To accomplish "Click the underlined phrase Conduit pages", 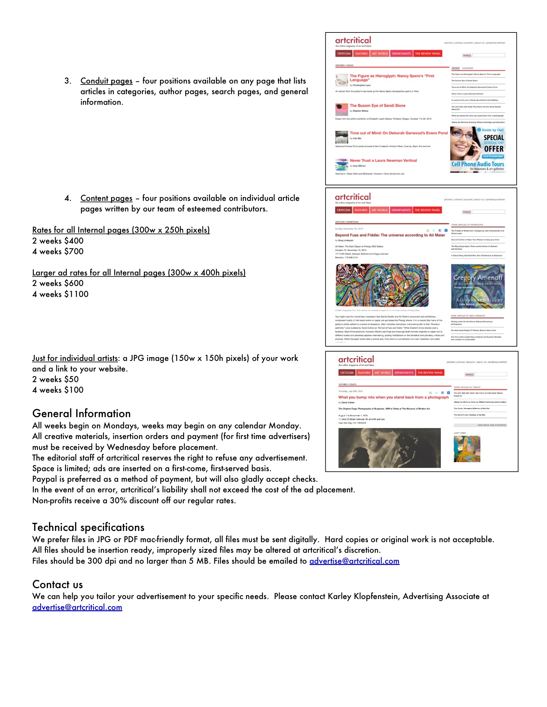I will (x=106, y=81).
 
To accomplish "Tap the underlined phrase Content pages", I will (x=106, y=198).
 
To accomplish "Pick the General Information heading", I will (x=81, y=414).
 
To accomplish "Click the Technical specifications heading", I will (x=88, y=527).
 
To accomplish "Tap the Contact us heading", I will (x=57, y=585).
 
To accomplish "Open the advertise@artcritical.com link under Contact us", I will (x=77, y=607).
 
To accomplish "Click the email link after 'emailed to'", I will (x=354, y=561).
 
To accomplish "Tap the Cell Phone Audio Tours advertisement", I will (x=477, y=149).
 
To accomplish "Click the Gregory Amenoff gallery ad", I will (x=477, y=286).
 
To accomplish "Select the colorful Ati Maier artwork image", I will (x=382, y=285).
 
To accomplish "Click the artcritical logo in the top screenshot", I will (x=353, y=40).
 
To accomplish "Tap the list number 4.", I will (x=67, y=198).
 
